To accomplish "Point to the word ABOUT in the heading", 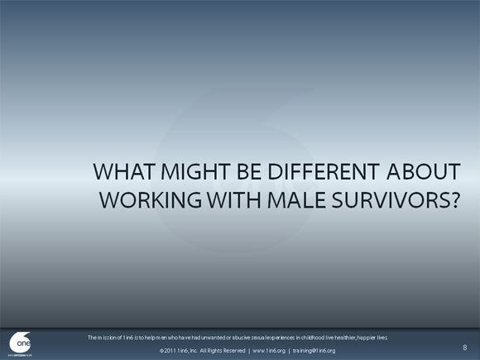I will coord(422,171).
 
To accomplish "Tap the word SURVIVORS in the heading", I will coord(384,200).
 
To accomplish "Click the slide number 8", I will coord(465,348).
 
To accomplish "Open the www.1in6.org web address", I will coord(269,351).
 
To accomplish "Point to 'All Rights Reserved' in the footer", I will coord(220,351).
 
